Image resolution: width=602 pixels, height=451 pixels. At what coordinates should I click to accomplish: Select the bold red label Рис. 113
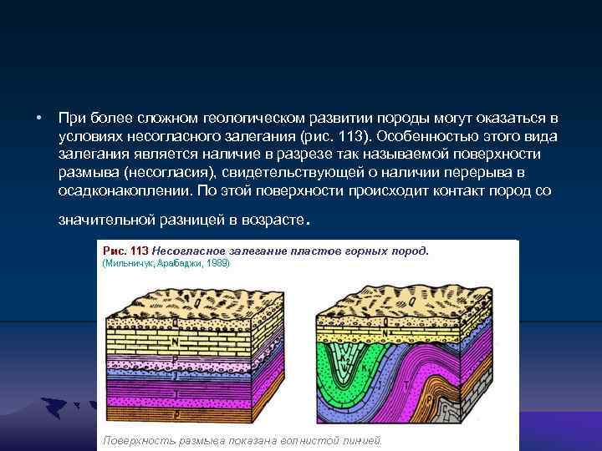(125, 250)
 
